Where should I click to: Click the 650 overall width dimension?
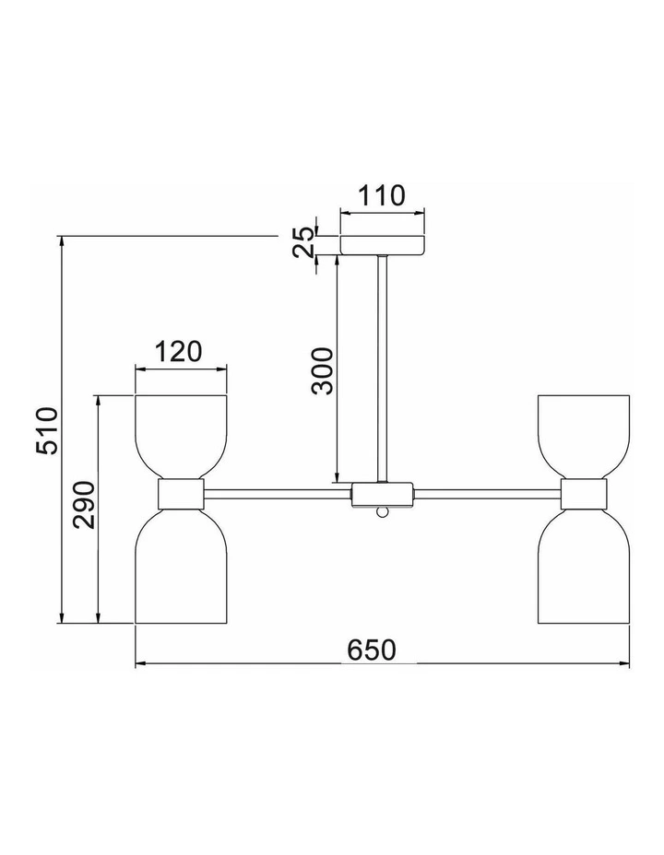coord(371,650)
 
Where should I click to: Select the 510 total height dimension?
coord(47,431)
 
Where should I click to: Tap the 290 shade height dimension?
coord(84,504)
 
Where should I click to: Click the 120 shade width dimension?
coord(178,351)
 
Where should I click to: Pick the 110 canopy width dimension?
coord(382,195)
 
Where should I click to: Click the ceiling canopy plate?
coord(382,245)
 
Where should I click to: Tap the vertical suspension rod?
coord(383,369)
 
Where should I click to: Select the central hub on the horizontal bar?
coord(383,494)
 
